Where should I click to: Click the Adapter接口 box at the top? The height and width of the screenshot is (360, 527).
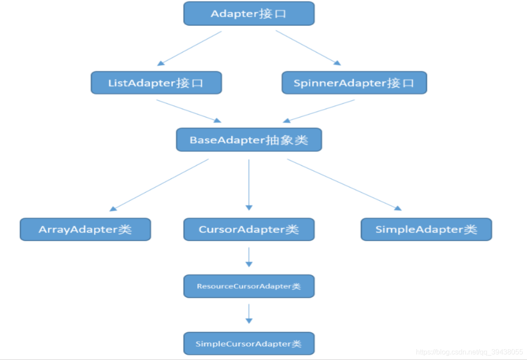tap(249, 14)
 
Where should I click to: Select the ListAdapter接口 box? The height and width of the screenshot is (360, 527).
tap(156, 83)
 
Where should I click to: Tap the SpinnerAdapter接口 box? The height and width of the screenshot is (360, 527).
tap(354, 83)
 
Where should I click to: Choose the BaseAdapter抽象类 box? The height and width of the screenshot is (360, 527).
tap(249, 140)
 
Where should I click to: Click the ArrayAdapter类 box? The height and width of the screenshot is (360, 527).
tap(85, 229)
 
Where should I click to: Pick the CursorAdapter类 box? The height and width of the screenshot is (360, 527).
tap(249, 229)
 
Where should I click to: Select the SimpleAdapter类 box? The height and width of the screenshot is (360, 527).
tap(426, 229)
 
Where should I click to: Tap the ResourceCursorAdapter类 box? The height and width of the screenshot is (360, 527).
tap(249, 286)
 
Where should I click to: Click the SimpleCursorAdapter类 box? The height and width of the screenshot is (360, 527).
tap(249, 343)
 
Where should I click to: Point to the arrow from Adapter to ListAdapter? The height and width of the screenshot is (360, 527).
tap(190, 48)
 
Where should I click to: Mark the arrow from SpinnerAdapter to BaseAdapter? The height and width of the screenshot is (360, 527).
tap(319, 111)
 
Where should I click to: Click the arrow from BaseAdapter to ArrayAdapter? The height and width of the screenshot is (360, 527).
tap(159, 185)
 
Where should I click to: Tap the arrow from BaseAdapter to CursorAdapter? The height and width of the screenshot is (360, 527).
tap(249, 184)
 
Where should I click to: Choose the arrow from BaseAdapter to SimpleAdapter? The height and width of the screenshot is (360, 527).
tap(344, 184)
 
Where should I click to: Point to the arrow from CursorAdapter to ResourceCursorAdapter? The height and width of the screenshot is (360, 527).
tap(249, 257)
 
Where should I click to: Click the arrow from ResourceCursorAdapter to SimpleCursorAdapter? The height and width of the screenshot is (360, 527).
tap(249, 314)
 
